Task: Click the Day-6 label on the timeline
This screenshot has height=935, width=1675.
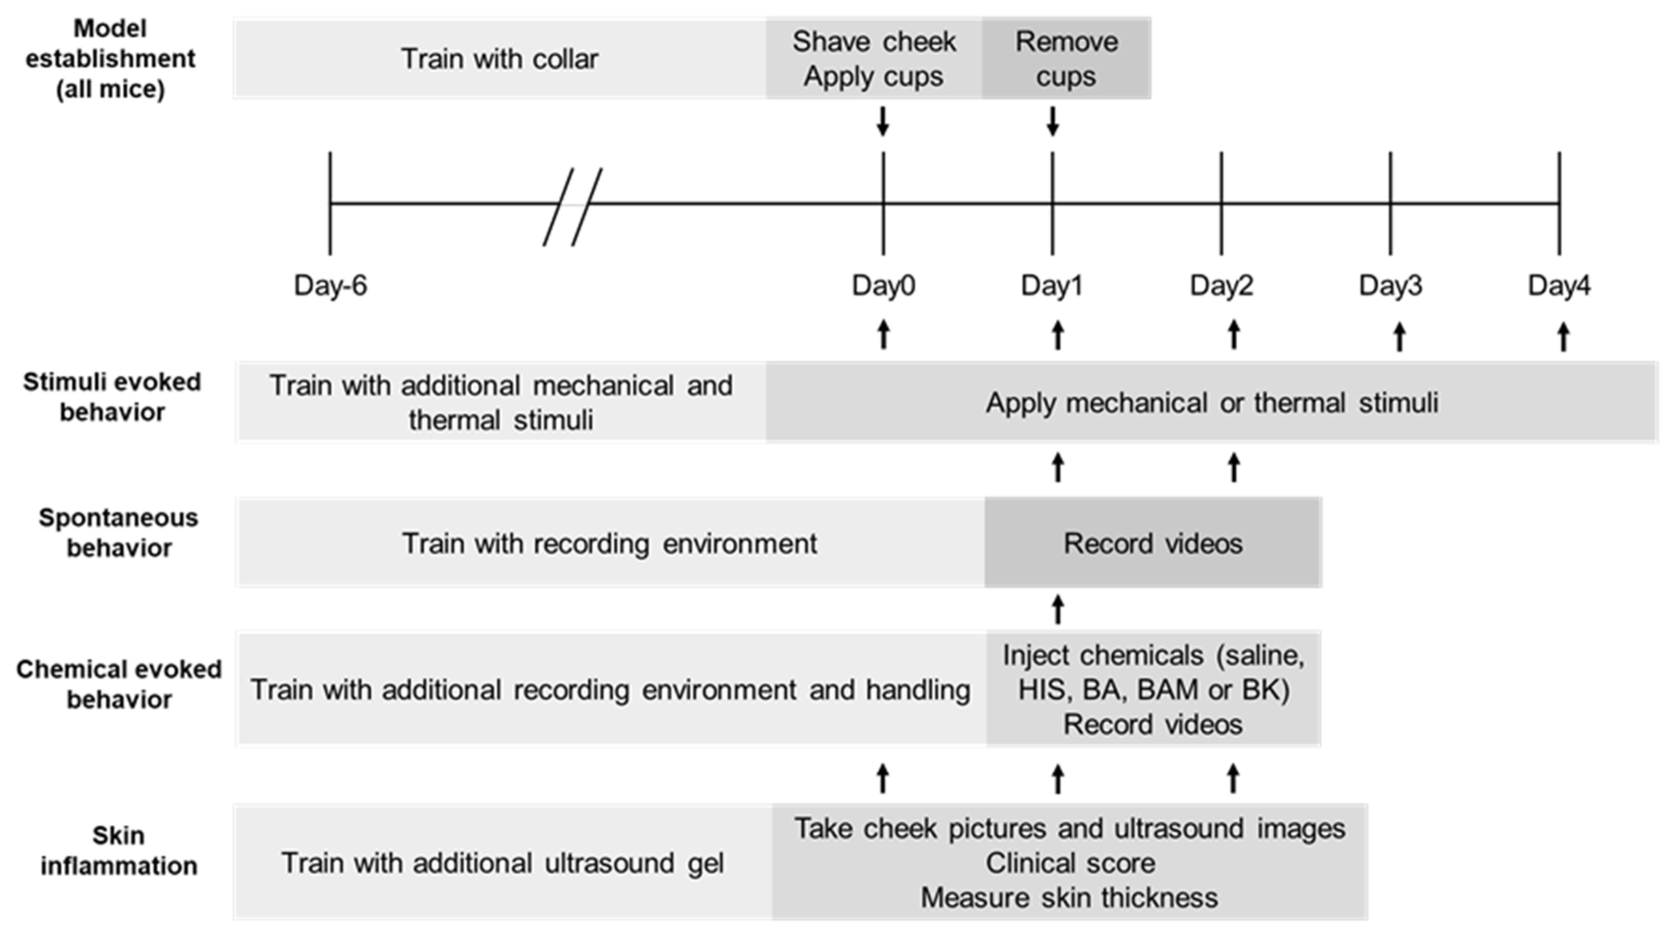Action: [x=330, y=286]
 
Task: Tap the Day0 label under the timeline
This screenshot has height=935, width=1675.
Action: [x=883, y=286]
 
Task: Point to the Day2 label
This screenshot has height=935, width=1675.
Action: [x=1221, y=286]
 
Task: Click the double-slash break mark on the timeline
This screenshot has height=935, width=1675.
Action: [x=572, y=206]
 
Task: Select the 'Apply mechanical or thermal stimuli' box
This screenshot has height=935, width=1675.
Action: [x=1211, y=403]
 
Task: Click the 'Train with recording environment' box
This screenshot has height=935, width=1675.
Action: [x=609, y=543]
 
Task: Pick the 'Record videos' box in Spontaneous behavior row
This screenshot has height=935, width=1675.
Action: [x=1152, y=543]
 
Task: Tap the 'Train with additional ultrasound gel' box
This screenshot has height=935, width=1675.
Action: [x=502, y=863]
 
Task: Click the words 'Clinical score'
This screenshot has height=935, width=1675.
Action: [x=1069, y=863]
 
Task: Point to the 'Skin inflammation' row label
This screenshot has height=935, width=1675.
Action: [x=118, y=851]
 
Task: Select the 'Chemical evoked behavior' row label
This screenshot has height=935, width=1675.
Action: [x=118, y=684]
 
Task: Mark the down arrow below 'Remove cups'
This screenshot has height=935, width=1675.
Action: [x=1053, y=121]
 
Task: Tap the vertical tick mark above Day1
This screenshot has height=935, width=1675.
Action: [x=1052, y=203]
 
